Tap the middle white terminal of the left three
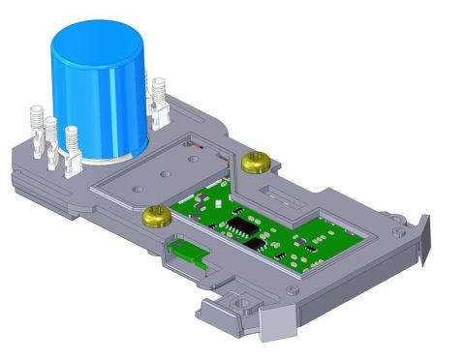51,136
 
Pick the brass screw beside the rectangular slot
256,161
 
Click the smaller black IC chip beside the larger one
255,243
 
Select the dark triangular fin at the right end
424,242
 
